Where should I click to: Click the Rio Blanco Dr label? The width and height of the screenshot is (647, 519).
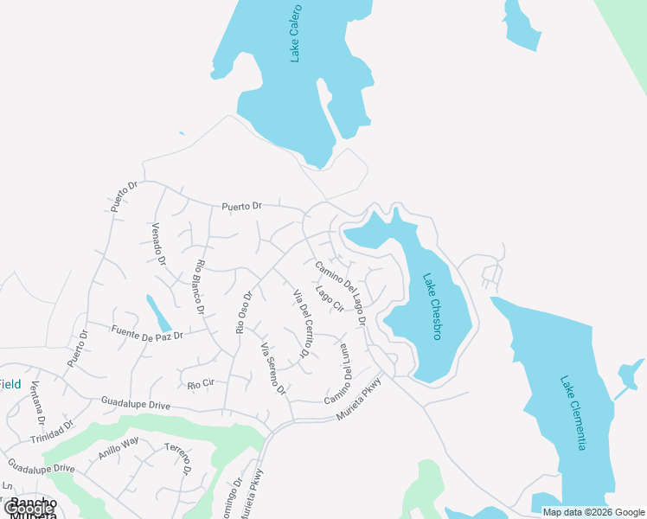click(x=200, y=286)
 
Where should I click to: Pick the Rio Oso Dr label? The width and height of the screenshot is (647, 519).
click(x=243, y=311)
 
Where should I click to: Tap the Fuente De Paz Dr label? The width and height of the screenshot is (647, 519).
click(x=147, y=330)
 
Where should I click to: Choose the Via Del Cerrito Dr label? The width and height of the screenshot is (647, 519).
click(x=303, y=323)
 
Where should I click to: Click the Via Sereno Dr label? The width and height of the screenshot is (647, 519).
click(x=272, y=368)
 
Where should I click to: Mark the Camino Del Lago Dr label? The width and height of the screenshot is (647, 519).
click(x=341, y=292)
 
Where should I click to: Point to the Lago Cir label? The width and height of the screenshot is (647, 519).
click(x=330, y=298)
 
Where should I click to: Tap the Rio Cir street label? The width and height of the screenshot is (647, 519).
click(x=200, y=382)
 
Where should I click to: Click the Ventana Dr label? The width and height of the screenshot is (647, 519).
click(x=37, y=403)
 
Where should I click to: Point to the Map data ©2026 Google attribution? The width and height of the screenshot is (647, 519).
click(x=594, y=512)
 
